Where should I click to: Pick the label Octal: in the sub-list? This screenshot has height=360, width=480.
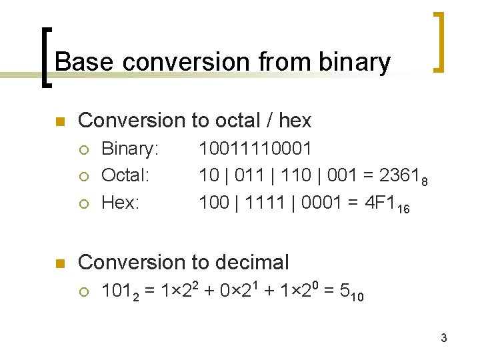(125, 176)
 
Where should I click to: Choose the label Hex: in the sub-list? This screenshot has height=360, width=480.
(120, 203)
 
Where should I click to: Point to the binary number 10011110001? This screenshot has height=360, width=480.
(255, 149)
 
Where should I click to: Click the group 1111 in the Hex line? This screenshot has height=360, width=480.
(265, 203)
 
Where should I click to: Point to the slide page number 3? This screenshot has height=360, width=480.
(443, 339)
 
